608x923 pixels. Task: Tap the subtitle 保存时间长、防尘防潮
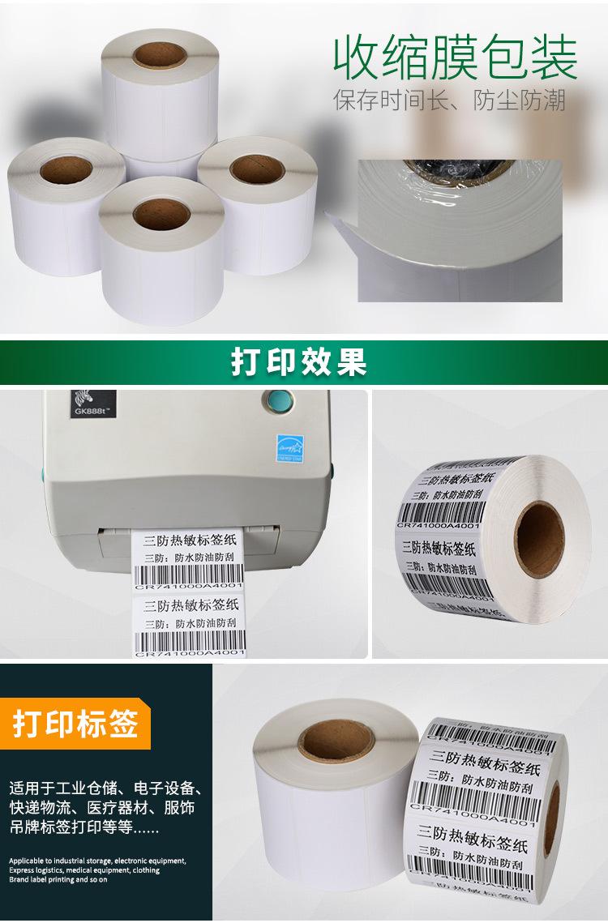click(449, 100)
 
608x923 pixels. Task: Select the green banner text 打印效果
click(299, 362)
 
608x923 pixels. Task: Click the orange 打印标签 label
click(75, 723)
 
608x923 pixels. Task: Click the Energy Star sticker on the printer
click(289, 447)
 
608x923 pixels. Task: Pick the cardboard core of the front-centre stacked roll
click(161, 214)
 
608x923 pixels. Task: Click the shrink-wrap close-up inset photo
click(460, 231)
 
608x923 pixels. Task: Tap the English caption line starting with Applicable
click(97, 861)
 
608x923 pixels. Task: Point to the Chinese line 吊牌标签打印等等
click(84, 828)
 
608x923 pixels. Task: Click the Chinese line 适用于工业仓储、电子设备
click(105, 788)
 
